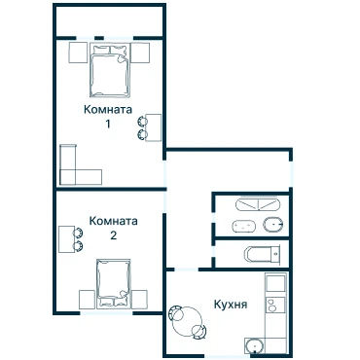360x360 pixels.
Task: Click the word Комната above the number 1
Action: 108,109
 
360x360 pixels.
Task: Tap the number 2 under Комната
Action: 114,235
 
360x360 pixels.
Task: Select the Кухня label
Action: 231,305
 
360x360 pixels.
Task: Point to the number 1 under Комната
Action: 108,124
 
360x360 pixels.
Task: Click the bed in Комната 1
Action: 110,70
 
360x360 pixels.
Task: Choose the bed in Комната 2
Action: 114,282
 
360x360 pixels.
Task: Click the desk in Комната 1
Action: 154,127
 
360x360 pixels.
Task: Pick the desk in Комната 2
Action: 66,239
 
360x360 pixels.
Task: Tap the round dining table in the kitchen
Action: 188,322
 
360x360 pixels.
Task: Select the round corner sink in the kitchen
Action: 255,345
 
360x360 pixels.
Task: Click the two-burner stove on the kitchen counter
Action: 275,305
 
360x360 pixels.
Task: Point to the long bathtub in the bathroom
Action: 258,205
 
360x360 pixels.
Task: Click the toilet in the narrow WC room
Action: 263,254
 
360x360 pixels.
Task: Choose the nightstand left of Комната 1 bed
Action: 78,53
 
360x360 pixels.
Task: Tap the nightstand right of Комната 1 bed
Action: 140,53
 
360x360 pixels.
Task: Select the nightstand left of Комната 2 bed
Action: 87,299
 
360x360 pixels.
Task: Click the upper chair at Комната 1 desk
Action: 142,121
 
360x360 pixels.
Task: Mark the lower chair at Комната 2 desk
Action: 78,246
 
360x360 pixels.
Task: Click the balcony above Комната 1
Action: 109,22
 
